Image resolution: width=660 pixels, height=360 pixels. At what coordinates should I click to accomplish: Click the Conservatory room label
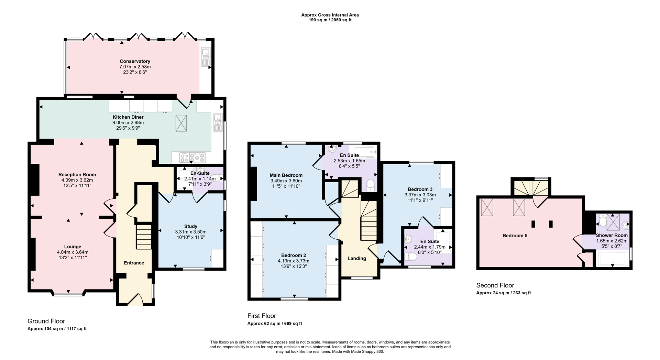[135, 62]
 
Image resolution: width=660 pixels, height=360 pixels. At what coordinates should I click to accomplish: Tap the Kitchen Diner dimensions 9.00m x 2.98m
[128, 123]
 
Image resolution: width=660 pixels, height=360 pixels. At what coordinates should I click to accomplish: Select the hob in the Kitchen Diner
[192, 157]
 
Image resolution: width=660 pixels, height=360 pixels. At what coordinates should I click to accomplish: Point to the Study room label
[190, 226]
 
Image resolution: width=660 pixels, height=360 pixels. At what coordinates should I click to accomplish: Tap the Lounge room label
[73, 247]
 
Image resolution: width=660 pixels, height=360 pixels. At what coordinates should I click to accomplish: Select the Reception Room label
[77, 175]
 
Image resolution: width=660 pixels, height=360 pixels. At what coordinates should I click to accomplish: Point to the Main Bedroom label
[286, 175]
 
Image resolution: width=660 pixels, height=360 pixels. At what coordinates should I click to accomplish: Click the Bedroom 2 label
[293, 255]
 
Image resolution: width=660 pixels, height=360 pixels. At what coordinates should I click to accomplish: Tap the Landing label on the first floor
[356, 259]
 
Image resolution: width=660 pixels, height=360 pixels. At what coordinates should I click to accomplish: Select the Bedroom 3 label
[420, 189]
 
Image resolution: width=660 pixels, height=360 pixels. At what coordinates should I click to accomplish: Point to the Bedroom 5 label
[515, 236]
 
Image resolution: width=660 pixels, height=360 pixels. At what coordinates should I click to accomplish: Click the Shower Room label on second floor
[612, 236]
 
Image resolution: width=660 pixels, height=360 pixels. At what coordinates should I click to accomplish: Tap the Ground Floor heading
[46, 321]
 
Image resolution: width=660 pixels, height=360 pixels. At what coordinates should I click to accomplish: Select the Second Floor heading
[495, 285]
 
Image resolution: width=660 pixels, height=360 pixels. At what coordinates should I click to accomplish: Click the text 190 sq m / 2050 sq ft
[330, 20]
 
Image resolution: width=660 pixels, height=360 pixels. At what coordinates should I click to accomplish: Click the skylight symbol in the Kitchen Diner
[181, 123]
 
